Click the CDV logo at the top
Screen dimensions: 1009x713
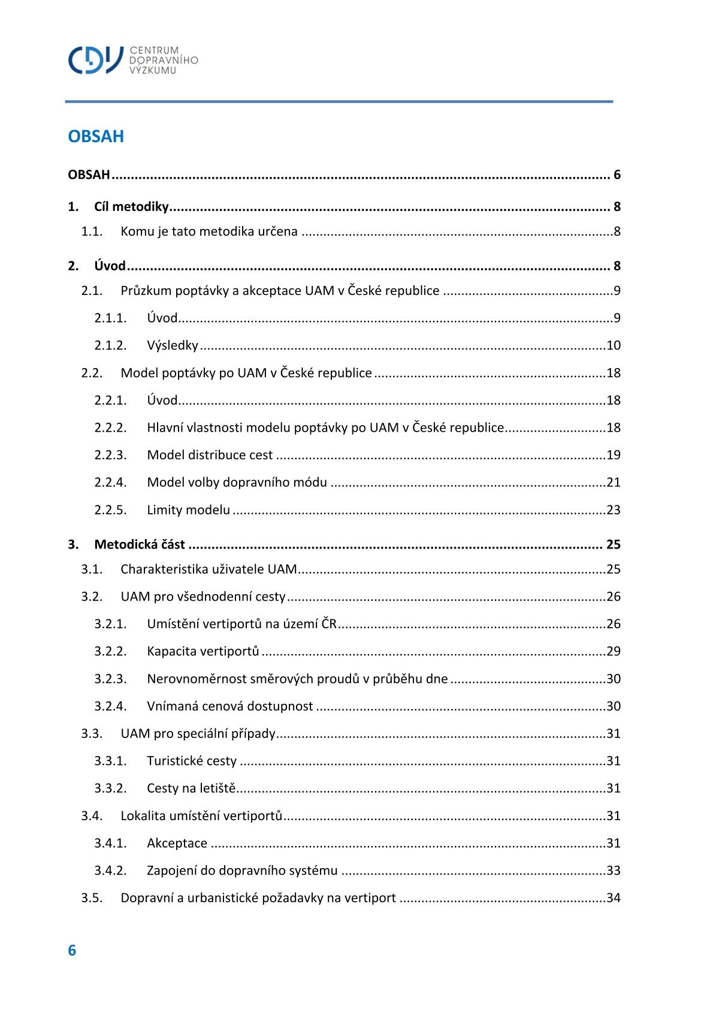click(132, 60)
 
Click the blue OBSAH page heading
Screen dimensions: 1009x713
click(96, 136)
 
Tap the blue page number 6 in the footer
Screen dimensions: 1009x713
click(72, 950)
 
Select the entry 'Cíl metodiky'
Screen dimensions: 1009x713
click(131, 207)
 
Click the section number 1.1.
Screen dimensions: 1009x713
click(92, 231)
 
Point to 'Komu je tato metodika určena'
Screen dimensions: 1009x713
click(209, 231)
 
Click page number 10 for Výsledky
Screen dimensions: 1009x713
click(613, 345)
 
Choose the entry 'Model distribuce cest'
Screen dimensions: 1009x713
click(210, 455)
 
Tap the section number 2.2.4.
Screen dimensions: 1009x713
click(110, 483)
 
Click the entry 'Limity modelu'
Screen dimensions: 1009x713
click(188, 510)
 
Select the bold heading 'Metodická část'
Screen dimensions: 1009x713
click(140, 544)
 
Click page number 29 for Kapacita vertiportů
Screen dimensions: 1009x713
click(613, 651)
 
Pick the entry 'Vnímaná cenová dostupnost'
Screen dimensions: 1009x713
click(229, 706)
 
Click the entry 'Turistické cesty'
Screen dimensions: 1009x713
click(192, 761)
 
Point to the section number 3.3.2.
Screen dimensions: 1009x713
click(110, 788)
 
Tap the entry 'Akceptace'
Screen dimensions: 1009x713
click(177, 844)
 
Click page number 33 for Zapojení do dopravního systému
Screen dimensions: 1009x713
click(613, 871)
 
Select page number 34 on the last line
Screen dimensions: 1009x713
click(613, 898)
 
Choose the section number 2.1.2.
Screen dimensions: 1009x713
click(110, 345)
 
